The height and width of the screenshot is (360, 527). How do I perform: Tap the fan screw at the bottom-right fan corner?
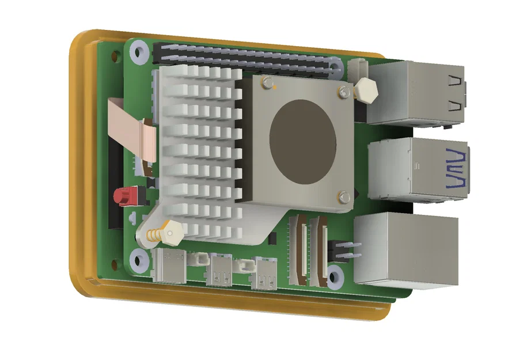(343, 197)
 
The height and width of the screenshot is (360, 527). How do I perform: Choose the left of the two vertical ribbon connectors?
(300, 250)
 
